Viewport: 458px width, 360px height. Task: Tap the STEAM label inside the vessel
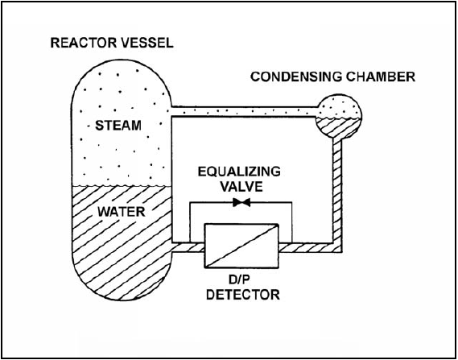coord(118,126)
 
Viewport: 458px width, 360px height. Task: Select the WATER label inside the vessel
coord(122,212)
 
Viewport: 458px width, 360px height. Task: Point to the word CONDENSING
coord(296,77)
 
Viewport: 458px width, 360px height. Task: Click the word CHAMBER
coord(380,77)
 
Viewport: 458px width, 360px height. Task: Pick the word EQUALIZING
coord(239,172)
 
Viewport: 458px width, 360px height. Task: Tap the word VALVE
coord(241,187)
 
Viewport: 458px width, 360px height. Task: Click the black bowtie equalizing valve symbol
coord(241,202)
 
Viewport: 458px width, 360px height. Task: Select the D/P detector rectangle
coord(241,246)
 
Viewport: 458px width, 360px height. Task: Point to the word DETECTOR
coord(243,294)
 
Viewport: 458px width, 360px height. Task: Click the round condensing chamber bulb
coord(339,116)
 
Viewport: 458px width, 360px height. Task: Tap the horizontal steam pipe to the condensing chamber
coord(245,111)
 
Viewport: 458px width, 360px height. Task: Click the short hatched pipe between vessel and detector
coord(188,247)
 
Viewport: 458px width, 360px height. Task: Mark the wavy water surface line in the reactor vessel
coord(122,185)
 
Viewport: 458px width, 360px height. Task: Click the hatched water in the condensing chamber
coord(339,127)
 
